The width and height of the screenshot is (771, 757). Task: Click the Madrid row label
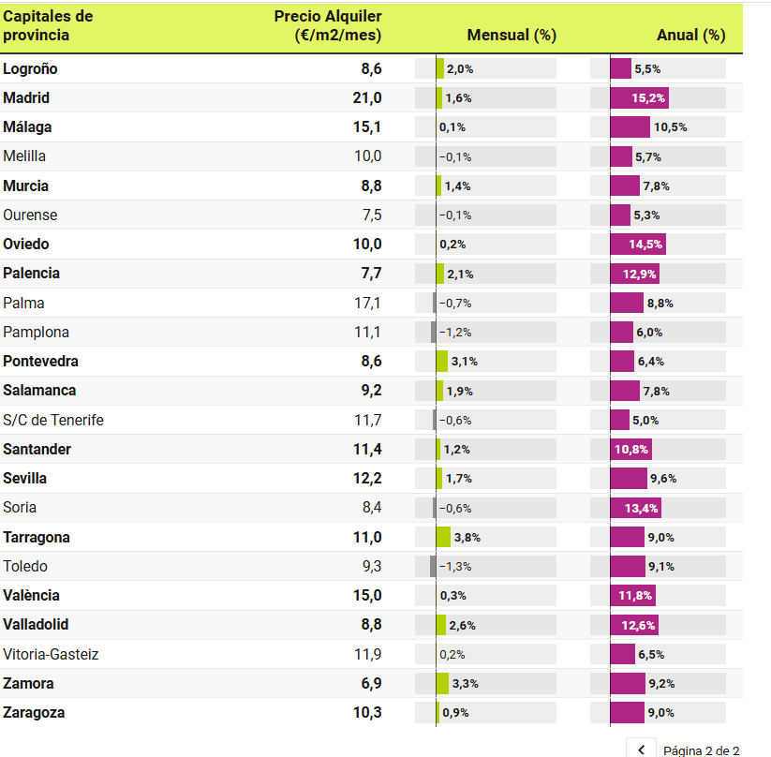point(26,98)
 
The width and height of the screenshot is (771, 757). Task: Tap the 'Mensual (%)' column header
point(512,36)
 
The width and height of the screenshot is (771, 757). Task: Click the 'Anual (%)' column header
point(691,36)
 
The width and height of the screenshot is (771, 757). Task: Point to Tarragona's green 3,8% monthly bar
point(443,537)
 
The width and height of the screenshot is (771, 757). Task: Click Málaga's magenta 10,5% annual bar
point(630,127)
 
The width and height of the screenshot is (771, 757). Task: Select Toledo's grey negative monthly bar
point(433,566)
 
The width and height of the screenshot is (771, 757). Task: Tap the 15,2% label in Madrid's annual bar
point(649,98)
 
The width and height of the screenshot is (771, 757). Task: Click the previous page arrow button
point(642,750)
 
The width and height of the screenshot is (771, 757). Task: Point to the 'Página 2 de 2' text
point(702,750)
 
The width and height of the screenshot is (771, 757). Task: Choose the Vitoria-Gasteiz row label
point(51,654)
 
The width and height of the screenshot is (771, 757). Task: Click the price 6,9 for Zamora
point(371,684)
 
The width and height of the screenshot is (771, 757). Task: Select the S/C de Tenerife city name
point(53,420)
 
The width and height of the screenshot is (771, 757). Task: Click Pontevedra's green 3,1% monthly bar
point(442,362)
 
